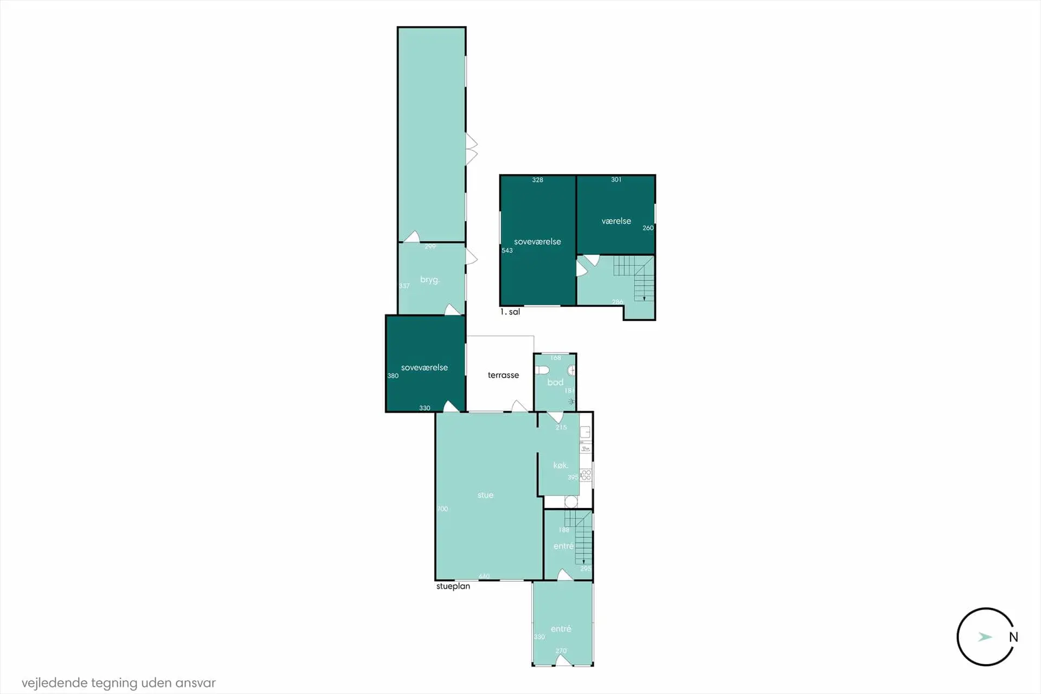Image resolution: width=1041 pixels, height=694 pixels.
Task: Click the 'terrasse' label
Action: [x=503, y=375]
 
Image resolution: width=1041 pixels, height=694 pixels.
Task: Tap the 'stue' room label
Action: [x=485, y=495]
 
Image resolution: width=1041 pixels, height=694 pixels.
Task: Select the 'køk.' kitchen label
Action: [x=561, y=465]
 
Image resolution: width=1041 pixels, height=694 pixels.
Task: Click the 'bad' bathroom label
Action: [x=555, y=382]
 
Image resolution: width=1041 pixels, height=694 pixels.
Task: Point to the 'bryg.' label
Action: [x=429, y=280]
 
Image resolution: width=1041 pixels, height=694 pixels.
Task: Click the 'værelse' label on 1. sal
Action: [x=616, y=221]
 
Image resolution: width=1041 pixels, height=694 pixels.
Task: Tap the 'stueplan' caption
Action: [x=453, y=586]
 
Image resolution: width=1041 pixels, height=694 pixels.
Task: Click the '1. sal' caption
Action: [x=510, y=312]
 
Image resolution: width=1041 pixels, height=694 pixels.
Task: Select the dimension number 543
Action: [x=507, y=250]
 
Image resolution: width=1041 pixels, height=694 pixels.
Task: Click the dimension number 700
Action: [x=442, y=509]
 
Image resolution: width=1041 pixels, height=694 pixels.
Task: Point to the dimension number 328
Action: [x=537, y=180]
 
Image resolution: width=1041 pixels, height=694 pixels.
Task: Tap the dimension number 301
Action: [x=616, y=179]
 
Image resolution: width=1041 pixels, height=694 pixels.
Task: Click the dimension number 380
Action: [x=393, y=376]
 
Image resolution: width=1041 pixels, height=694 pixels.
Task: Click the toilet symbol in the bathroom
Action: [x=542, y=370]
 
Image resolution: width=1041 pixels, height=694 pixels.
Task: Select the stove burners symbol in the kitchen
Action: [x=586, y=475]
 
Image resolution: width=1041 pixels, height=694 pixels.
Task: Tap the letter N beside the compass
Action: [x=1013, y=637]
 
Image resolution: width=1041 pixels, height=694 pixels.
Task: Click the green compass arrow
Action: [x=985, y=637]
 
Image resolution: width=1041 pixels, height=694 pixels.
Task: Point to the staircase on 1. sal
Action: [x=634, y=277]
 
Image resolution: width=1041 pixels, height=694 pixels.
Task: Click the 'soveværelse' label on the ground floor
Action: [x=425, y=368]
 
